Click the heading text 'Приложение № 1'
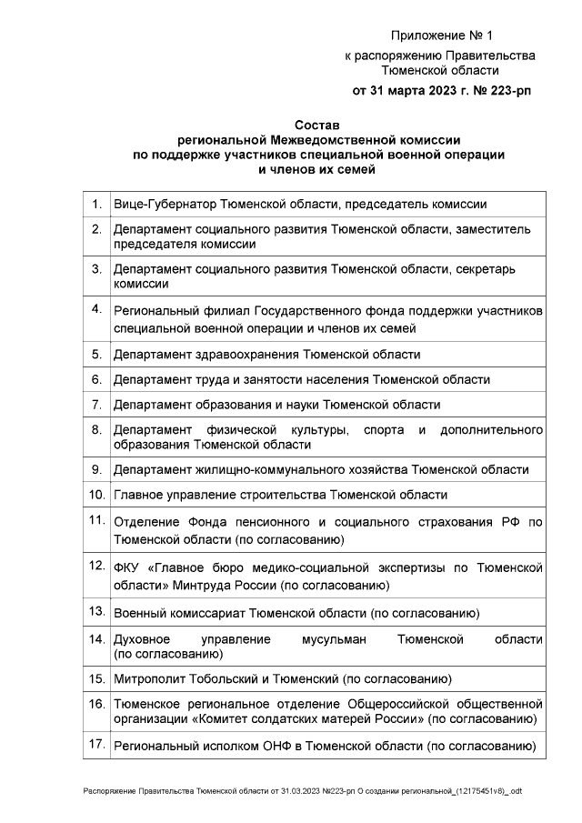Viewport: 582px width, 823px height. coord(440,35)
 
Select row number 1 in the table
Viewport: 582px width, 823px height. coord(95,205)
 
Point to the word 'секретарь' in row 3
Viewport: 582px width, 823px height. coord(502,269)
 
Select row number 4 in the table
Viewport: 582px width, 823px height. coord(95,308)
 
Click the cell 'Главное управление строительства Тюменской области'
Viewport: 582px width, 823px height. coord(279,496)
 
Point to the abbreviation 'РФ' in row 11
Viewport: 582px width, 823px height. coord(509,523)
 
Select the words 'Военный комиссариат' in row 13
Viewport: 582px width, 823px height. coord(169,613)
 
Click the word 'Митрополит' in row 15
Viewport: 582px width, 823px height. coord(147,678)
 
